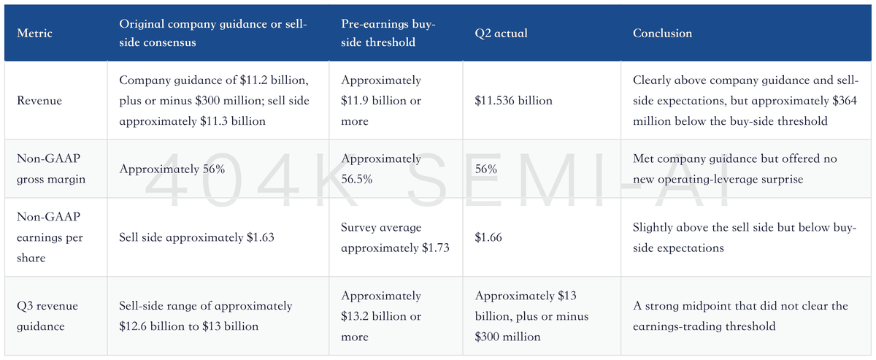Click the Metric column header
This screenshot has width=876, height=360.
point(34,34)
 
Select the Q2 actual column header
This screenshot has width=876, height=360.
point(501,34)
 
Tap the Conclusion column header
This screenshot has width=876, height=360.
point(662,34)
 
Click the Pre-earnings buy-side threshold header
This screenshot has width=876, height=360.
point(388,34)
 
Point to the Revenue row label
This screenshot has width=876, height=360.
point(39,101)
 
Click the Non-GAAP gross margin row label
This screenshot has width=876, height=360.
point(51,169)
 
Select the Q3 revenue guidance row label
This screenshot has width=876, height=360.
point(47,315)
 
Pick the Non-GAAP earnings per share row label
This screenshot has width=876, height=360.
point(50,237)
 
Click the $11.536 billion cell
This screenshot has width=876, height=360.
point(513,101)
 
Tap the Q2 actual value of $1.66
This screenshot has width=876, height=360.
point(488,237)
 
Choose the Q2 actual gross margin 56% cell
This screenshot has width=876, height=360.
point(485,169)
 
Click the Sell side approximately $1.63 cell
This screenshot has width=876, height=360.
point(196,237)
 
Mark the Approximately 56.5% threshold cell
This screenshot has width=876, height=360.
point(381,169)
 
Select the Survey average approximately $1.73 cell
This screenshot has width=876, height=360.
point(395,237)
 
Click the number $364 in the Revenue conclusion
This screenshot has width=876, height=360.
point(845,101)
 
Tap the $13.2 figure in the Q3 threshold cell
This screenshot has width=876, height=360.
point(354,316)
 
